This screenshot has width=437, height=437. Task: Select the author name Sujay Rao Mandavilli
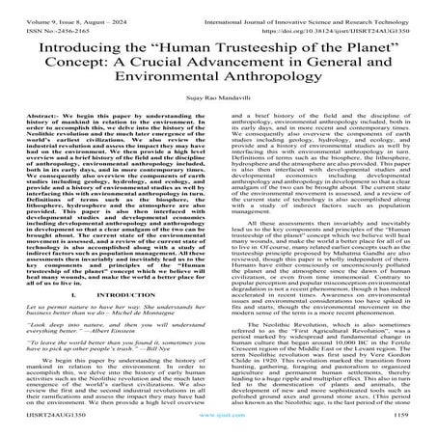pos(218,115)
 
